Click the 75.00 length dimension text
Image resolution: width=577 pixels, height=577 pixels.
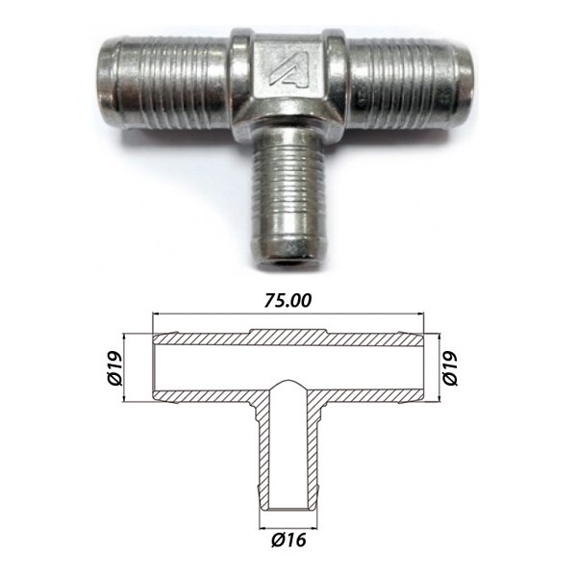coord(288,301)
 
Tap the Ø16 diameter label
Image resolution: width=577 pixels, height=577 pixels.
coord(288,539)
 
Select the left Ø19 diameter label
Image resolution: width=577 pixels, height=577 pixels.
coord(115,368)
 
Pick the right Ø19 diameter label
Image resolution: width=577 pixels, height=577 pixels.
coord(450,368)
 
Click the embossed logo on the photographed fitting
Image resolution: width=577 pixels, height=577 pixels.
coord(288,73)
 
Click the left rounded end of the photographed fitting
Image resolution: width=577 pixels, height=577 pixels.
coord(107,80)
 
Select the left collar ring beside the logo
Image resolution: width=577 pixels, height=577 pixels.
coord(241,74)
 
